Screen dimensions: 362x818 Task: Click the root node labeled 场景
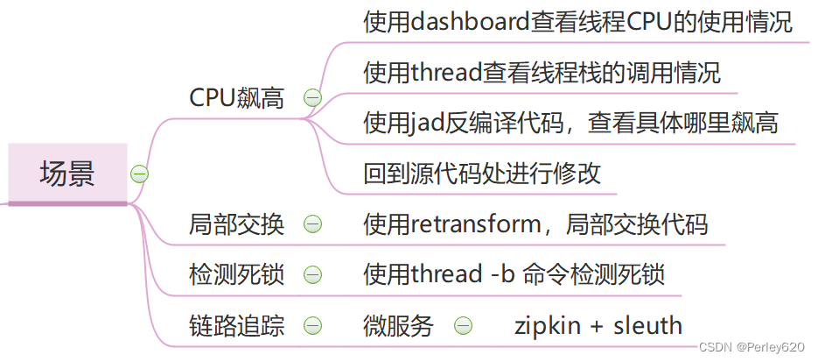click(x=67, y=174)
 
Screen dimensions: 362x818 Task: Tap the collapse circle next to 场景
click(x=139, y=174)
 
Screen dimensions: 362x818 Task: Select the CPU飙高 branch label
click(x=237, y=98)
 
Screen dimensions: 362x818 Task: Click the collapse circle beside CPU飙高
click(x=311, y=98)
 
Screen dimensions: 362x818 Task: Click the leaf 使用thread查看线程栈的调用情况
click(x=542, y=73)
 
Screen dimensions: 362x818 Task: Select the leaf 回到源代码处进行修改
click(x=482, y=173)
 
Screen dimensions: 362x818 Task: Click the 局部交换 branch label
click(x=237, y=224)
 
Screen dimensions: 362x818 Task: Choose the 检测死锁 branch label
click(x=237, y=274)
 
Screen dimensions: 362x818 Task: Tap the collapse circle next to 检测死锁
click(x=311, y=274)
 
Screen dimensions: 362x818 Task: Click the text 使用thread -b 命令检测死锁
click(x=514, y=274)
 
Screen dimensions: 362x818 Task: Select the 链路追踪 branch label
click(x=237, y=326)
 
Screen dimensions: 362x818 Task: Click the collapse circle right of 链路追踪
click(x=311, y=326)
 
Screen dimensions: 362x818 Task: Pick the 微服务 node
click(x=398, y=326)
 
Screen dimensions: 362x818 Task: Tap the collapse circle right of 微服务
click(x=463, y=326)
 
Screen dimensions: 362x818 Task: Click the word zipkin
click(x=548, y=326)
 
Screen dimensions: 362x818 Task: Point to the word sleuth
click(x=647, y=326)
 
